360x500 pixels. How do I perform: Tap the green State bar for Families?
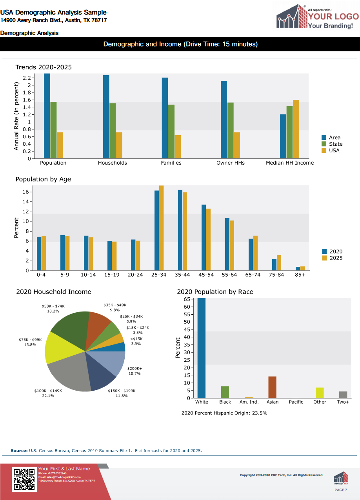[171, 132]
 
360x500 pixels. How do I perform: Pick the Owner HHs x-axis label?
[230, 163]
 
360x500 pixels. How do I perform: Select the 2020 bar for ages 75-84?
[274, 265]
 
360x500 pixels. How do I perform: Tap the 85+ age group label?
[300, 275]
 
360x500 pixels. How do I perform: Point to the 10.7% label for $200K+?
[135, 373]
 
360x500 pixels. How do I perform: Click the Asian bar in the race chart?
[273, 387]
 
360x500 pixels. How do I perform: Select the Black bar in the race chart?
[225, 392]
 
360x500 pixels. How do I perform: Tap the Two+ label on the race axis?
[343, 402]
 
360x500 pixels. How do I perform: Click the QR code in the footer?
[24, 479]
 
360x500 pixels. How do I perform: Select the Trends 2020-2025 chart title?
[44, 67]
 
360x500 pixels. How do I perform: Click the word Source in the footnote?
[19, 451]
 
